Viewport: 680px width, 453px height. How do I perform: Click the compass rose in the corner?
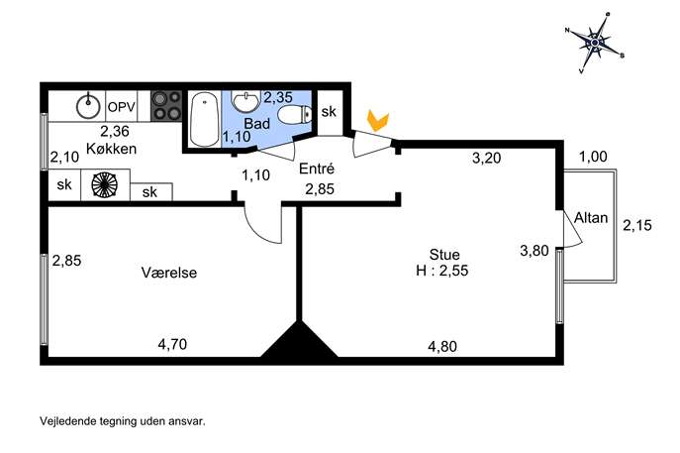595,43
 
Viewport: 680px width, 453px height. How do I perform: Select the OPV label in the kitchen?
122,107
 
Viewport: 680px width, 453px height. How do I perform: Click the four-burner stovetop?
166,106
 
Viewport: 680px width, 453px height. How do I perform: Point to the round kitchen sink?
88,105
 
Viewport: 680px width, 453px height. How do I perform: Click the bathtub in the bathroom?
204,119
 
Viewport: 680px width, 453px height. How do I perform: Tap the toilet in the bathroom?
295,115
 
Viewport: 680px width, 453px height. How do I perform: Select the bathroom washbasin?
245,101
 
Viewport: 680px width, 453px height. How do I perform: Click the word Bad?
256,123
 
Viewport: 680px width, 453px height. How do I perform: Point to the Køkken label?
112,149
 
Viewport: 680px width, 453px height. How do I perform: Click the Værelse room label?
169,273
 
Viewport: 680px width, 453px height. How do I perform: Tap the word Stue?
444,254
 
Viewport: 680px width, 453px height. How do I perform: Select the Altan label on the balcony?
591,218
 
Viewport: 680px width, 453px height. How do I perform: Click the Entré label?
317,169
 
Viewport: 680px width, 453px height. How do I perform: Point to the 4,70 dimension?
172,344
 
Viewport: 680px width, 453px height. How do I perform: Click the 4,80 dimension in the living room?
442,347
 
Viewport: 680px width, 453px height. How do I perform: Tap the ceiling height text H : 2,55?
442,271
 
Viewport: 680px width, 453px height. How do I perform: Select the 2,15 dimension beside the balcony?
637,225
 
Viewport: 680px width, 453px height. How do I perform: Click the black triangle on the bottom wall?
299,341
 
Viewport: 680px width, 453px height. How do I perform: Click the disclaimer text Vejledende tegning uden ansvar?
123,421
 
